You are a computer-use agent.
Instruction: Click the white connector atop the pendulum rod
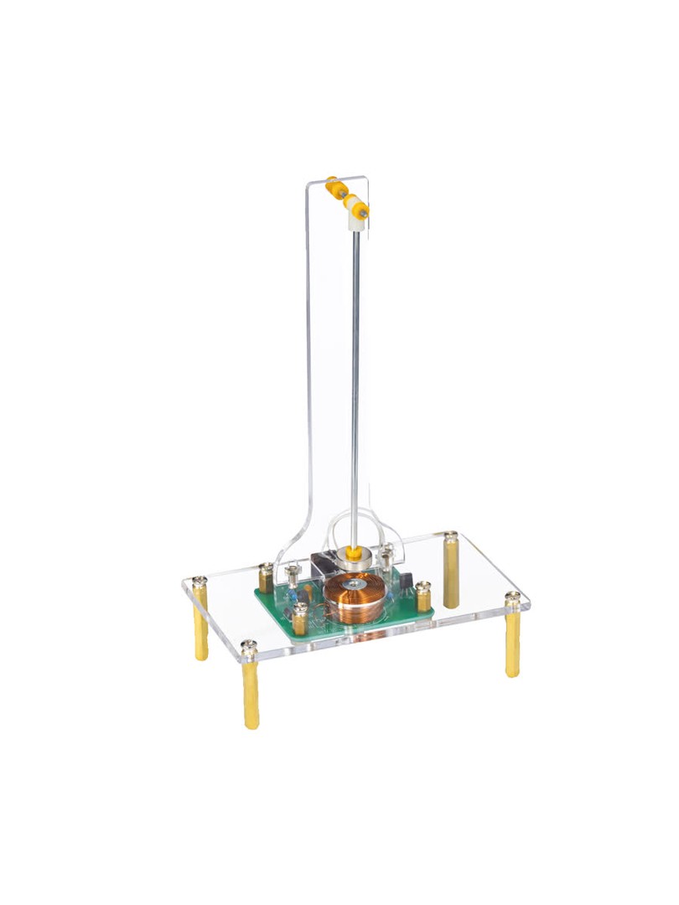356,216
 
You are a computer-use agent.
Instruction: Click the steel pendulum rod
355,377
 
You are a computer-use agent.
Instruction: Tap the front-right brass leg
512,641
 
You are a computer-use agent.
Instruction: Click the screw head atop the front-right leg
512,598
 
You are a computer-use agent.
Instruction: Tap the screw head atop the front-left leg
249,646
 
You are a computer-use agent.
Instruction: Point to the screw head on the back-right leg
451,535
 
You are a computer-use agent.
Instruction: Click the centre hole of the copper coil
358,584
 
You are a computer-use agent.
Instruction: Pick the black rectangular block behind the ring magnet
322,564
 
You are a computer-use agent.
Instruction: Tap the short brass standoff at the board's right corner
423,597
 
